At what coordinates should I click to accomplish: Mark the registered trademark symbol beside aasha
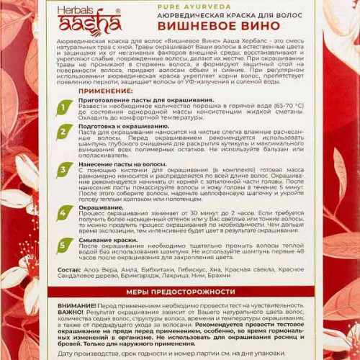tap(117, 11)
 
